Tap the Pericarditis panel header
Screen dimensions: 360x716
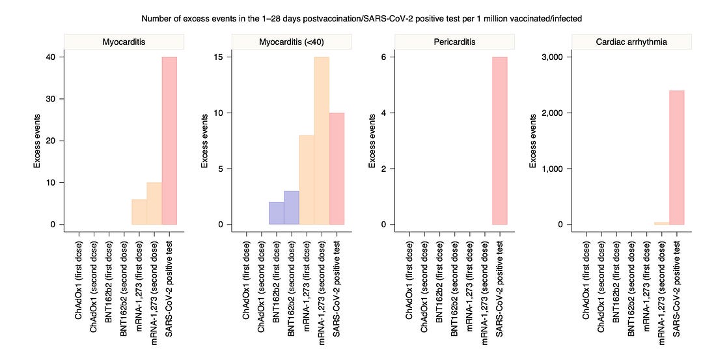pos(454,42)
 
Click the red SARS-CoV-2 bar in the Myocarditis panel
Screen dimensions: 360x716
pos(169,141)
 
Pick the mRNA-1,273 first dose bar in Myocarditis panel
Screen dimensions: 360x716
pos(139,212)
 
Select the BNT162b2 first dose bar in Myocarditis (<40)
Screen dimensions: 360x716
pos(277,213)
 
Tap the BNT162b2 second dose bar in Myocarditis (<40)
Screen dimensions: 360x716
pos(292,208)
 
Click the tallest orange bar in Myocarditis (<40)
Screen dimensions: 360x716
pos(322,141)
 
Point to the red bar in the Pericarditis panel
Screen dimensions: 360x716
pos(499,141)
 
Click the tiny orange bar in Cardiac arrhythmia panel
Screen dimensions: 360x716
pos(662,223)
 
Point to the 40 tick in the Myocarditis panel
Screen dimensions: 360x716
pos(51,57)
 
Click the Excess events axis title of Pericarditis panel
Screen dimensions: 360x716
pos(372,141)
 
